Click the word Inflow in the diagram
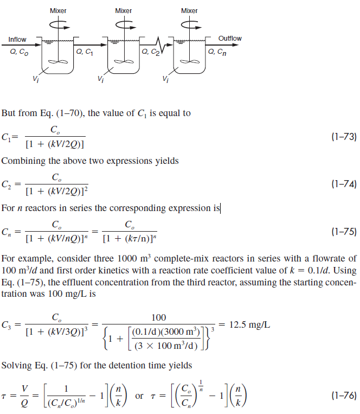pyautogui.click(x=17, y=40)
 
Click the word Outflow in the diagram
pyautogui.click(x=230, y=39)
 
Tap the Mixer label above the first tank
pyautogui.click(x=58, y=11)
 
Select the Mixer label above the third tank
pyautogui.click(x=189, y=11)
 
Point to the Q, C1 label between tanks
pyautogui.click(x=85, y=52)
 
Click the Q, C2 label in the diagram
pyautogui.click(x=151, y=53)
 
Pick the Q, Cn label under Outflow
pyautogui.click(x=217, y=52)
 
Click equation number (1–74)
pyautogui.click(x=343, y=185)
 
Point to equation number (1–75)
pyautogui.click(x=343, y=232)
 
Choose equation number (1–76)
pyautogui.click(x=343, y=397)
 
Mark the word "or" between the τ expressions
pyautogui.click(x=139, y=397)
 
